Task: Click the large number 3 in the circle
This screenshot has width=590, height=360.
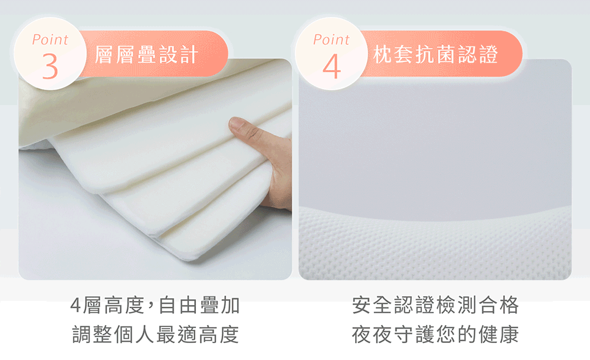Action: pos(50,66)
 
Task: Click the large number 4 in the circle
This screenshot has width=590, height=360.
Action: pos(332,66)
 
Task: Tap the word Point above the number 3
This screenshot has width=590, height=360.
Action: pos(50,40)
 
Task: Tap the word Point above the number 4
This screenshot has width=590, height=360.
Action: pos(332,40)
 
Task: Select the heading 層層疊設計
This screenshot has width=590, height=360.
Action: pos(146,54)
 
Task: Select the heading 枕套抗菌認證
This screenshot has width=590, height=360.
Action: pos(436,54)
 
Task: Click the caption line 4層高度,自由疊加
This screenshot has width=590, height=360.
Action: pos(155,305)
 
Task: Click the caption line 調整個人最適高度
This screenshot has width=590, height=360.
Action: pos(155,334)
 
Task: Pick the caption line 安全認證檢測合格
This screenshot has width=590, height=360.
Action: pos(435,305)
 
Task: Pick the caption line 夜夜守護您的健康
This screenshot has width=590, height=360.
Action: pos(435,334)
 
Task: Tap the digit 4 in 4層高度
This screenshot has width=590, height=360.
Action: pos(76,305)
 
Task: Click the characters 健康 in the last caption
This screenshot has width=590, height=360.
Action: pos(499,334)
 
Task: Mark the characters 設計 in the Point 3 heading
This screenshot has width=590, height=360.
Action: pos(178,54)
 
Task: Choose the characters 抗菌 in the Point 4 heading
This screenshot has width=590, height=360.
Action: pos(436,54)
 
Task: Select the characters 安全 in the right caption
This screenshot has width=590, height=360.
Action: pos(372,305)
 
